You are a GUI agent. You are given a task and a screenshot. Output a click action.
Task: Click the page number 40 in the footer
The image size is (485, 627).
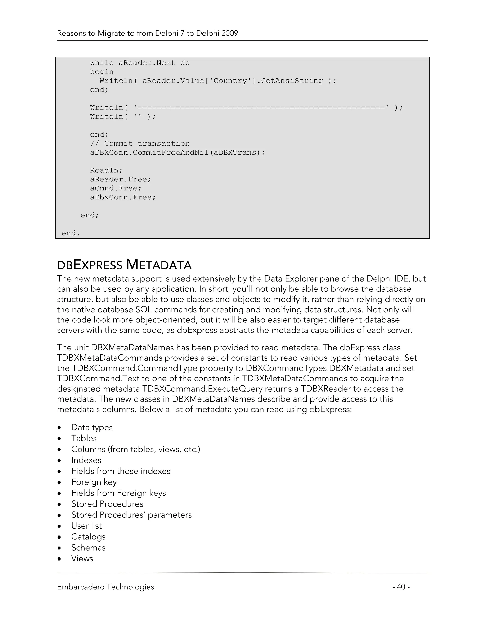(x=401, y=587)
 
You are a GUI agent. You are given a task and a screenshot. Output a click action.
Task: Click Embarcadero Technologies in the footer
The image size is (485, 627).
(x=105, y=587)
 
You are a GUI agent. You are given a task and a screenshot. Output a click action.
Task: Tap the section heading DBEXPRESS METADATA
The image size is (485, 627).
(x=124, y=265)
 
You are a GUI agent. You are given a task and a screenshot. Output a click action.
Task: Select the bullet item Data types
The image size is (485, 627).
(x=92, y=428)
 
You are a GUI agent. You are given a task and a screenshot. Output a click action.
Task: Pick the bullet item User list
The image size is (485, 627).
(x=86, y=526)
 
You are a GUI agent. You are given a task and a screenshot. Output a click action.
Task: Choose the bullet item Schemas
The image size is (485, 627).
(x=88, y=548)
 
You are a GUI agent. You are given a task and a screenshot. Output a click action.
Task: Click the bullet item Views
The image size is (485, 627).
(x=82, y=558)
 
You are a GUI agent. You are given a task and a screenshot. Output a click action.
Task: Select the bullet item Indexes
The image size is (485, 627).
(x=86, y=460)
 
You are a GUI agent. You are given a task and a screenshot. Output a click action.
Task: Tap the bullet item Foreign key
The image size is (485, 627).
(x=94, y=482)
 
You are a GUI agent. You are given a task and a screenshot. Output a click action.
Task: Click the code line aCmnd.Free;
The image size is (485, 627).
(x=116, y=188)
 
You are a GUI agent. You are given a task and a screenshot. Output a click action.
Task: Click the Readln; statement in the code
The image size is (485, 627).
(x=106, y=171)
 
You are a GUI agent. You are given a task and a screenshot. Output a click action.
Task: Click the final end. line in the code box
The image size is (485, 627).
(x=71, y=233)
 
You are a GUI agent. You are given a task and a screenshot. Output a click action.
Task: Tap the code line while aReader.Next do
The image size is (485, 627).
(x=140, y=63)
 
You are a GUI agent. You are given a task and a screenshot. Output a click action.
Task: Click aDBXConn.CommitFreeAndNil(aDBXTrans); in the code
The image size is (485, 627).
(x=178, y=152)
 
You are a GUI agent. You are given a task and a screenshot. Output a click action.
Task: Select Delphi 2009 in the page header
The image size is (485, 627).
(x=217, y=33)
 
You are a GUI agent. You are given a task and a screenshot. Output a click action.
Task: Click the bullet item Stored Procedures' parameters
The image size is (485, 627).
(x=131, y=515)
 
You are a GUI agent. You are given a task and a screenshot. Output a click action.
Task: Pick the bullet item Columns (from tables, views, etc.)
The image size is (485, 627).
(x=136, y=449)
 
